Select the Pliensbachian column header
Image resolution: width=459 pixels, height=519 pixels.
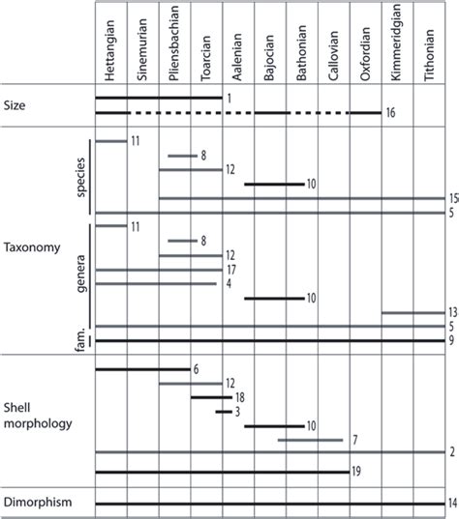point(174,44)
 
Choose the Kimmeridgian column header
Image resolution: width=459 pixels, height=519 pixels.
point(397,44)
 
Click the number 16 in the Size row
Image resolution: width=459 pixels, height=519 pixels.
point(390,114)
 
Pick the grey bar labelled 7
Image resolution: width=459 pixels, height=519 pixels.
point(310,440)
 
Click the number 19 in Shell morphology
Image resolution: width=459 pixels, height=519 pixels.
point(357,472)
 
